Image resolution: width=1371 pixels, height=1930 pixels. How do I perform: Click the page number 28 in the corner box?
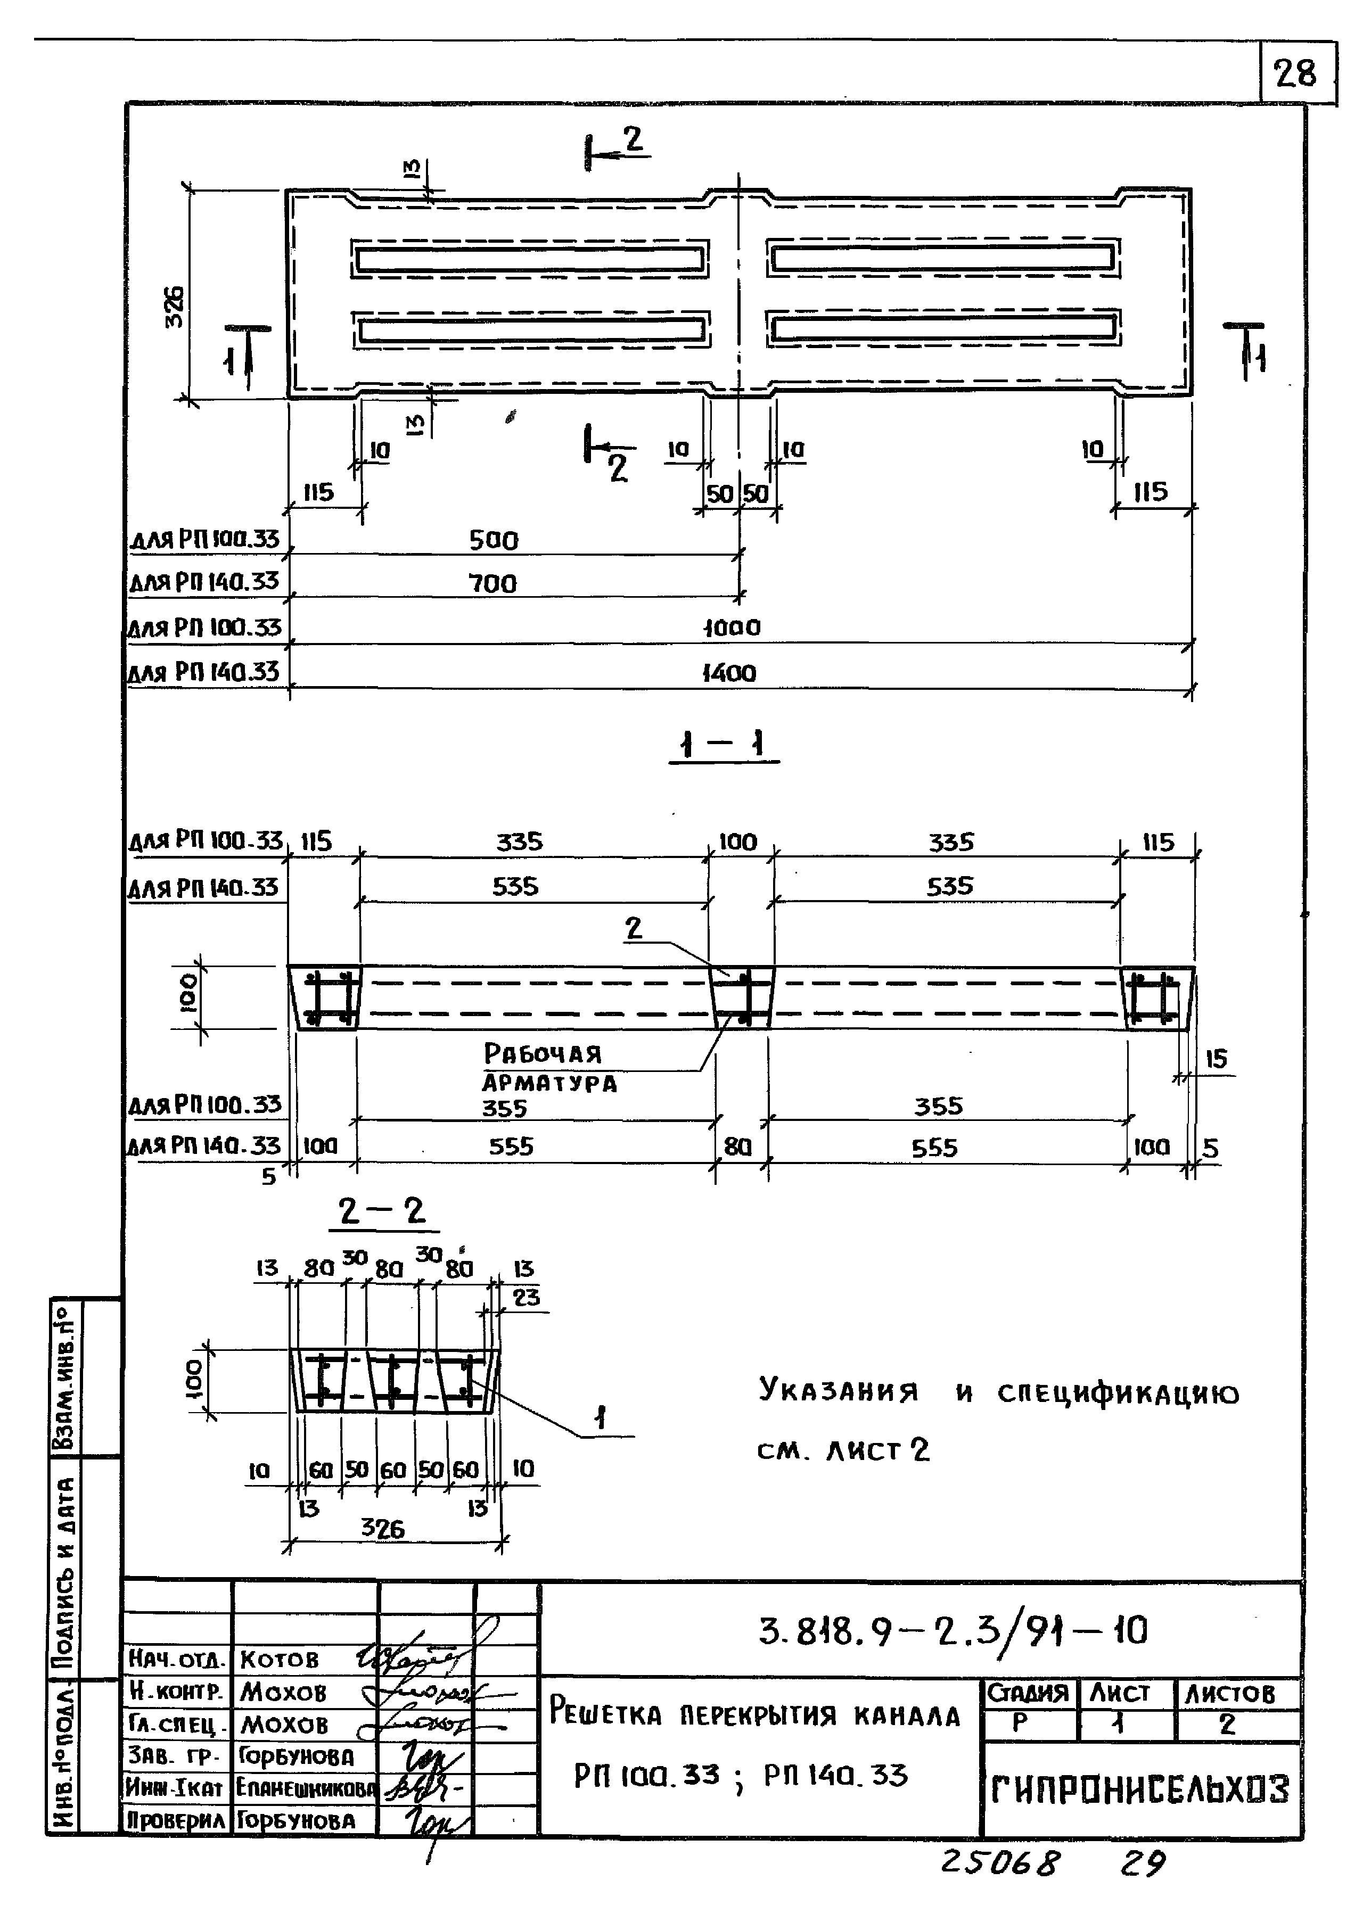(1296, 75)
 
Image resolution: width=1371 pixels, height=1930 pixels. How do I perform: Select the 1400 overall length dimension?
(729, 673)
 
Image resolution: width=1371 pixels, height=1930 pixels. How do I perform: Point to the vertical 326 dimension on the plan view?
(174, 307)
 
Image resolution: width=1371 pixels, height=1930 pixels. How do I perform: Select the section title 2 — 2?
(382, 1212)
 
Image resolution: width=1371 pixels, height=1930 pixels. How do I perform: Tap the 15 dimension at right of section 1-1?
(1216, 1059)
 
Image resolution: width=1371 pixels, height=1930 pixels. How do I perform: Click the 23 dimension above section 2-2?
(526, 1297)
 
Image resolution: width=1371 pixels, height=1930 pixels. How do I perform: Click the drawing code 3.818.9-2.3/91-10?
(953, 1631)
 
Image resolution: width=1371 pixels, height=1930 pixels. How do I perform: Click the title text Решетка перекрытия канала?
(754, 1715)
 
